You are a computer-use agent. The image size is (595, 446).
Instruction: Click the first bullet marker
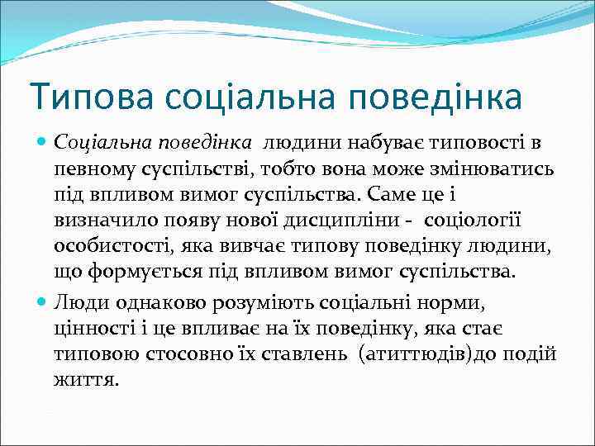43,142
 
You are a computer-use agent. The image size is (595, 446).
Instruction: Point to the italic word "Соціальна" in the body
90,142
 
